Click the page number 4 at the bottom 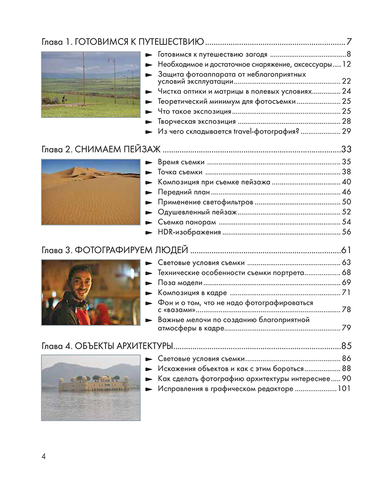click(43, 457)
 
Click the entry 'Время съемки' click(181, 162)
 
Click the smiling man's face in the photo click(79, 281)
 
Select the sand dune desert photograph click(91, 192)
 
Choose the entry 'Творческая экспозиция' click(197, 121)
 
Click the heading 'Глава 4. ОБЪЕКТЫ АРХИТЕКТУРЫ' click(107, 346)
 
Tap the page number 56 click(346, 232)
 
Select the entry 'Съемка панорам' click(187, 222)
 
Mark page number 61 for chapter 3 click(346, 251)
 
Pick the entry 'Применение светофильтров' click(205, 202)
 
